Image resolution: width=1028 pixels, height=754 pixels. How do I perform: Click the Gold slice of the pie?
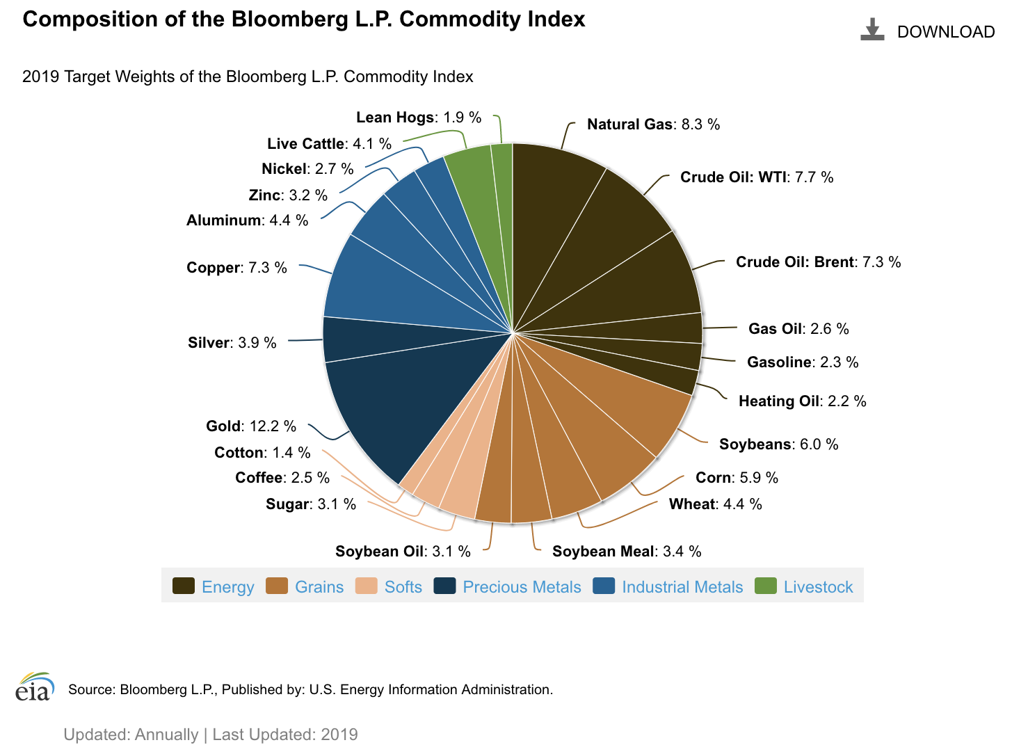coord(389,403)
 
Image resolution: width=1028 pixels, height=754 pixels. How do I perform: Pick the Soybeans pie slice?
coord(626,410)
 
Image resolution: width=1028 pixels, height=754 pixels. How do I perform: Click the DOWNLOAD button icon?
coord(872,30)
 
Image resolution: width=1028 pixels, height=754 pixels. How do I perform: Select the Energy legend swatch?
coord(184,586)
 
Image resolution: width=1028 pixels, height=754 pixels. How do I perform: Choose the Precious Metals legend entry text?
coord(522,587)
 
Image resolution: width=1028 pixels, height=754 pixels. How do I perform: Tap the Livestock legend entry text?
coord(818,587)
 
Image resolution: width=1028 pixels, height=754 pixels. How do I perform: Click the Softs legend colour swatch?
coord(367,586)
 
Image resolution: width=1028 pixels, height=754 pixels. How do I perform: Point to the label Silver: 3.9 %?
coord(232,343)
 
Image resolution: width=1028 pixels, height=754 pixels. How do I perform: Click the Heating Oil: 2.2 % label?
coord(802,401)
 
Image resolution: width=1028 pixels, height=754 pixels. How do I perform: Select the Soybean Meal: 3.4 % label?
coord(627,552)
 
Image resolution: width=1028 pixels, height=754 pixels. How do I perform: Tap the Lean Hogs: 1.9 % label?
coord(419,118)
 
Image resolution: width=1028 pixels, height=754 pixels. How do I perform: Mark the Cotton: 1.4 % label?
coord(262,453)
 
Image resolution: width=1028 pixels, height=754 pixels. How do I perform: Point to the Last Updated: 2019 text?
coord(285,735)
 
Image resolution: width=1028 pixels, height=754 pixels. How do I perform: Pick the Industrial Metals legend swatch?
coord(604,586)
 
